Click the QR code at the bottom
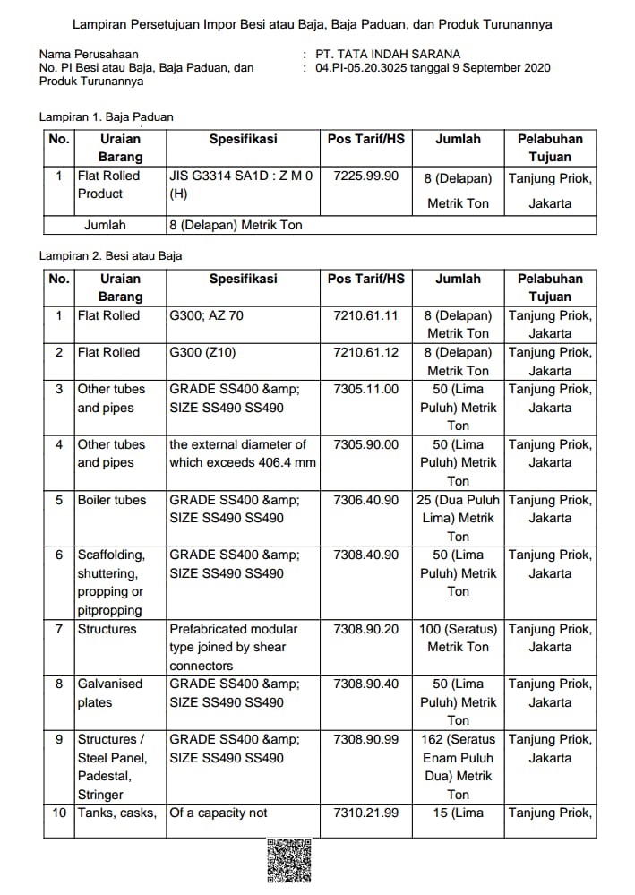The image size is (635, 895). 288,862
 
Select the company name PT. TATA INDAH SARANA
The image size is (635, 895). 386,55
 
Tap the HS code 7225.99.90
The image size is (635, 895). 365,176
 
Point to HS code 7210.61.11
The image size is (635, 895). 365,315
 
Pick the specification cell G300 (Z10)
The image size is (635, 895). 202,352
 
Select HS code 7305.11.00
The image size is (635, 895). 365,389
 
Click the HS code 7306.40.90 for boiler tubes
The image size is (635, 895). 365,500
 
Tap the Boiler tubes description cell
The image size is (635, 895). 112,500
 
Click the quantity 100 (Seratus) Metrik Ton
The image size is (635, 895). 458,638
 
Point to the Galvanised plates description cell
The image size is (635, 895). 110,693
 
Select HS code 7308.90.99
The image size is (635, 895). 365,739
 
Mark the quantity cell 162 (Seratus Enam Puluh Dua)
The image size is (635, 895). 458,767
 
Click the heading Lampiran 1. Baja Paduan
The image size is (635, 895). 107,116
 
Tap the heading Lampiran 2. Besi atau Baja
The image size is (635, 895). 111,255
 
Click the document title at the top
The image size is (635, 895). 312,24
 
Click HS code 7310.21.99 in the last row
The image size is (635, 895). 365,813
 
